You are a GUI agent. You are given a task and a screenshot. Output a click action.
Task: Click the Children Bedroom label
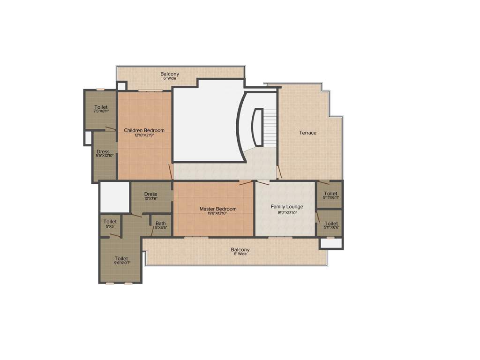[144, 130]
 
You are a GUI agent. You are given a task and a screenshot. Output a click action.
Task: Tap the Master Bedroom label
[218, 209]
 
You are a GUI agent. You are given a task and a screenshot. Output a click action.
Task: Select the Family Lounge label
[287, 207]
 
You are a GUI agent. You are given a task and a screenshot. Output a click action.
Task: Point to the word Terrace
[308, 133]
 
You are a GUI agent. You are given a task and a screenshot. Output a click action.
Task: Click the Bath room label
[161, 224]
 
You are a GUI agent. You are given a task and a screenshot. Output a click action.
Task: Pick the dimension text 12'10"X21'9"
[144, 135]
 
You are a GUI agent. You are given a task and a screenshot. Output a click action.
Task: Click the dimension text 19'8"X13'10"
[218, 214]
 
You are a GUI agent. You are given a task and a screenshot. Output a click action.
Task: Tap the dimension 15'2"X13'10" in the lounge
[287, 212]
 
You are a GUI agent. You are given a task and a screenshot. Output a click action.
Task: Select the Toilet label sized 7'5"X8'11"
[101, 107]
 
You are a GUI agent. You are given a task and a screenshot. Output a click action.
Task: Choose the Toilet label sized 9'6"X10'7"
[121, 258]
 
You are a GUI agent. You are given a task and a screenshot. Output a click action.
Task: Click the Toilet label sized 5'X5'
[110, 222]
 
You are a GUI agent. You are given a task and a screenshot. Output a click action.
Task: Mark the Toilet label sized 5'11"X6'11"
[330, 194]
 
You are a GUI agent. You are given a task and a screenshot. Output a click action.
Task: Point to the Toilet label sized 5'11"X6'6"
[331, 224]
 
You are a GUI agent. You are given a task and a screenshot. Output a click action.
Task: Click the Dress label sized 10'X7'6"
[151, 194]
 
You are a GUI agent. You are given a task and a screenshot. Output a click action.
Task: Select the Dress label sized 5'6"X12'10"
[103, 152]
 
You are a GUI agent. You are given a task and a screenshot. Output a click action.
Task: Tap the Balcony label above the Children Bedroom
[170, 74]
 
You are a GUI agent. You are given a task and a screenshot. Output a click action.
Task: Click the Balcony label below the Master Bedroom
[240, 250]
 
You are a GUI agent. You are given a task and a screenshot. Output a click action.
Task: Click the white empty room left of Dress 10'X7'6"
[114, 197]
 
